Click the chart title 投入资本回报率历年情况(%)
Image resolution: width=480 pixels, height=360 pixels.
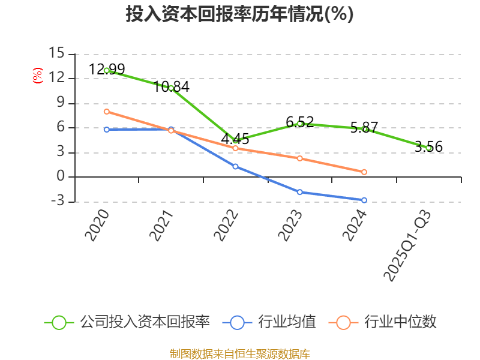(239, 14)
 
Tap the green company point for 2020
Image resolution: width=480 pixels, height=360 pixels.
(107, 70)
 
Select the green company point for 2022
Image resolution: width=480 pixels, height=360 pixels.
(236, 140)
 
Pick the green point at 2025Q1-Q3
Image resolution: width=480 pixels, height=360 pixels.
(428, 148)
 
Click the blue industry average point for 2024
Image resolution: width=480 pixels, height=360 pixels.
(364, 200)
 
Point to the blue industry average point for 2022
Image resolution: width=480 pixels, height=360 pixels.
(236, 166)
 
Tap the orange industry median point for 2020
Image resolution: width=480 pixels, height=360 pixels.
(107, 111)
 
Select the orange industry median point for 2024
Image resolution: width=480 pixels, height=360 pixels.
(364, 172)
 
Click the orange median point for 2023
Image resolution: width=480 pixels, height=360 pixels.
(300, 158)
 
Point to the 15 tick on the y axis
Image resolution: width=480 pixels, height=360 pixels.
(57, 53)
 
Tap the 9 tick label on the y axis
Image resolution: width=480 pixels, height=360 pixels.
(60, 103)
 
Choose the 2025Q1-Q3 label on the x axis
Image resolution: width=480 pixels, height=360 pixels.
(408, 246)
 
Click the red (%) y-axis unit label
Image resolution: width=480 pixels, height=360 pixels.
(38, 76)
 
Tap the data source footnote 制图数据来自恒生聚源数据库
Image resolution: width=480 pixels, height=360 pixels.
(239, 353)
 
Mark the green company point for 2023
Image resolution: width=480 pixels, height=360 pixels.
(300, 124)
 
